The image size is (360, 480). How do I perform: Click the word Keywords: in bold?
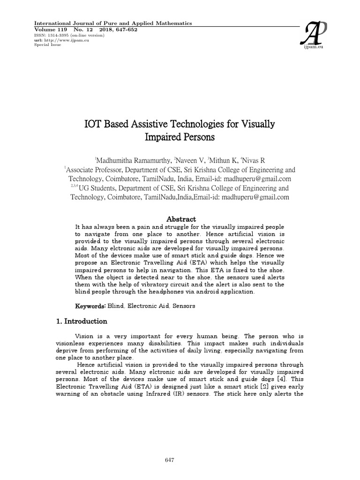pos(91,306)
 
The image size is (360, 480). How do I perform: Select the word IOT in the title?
pos(93,125)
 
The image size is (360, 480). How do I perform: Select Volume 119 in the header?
pos(51,30)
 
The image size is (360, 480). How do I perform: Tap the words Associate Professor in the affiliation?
pos(96,169)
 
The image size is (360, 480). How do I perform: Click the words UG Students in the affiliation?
pos(97,188)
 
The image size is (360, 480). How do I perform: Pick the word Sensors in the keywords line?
pos(184,306)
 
